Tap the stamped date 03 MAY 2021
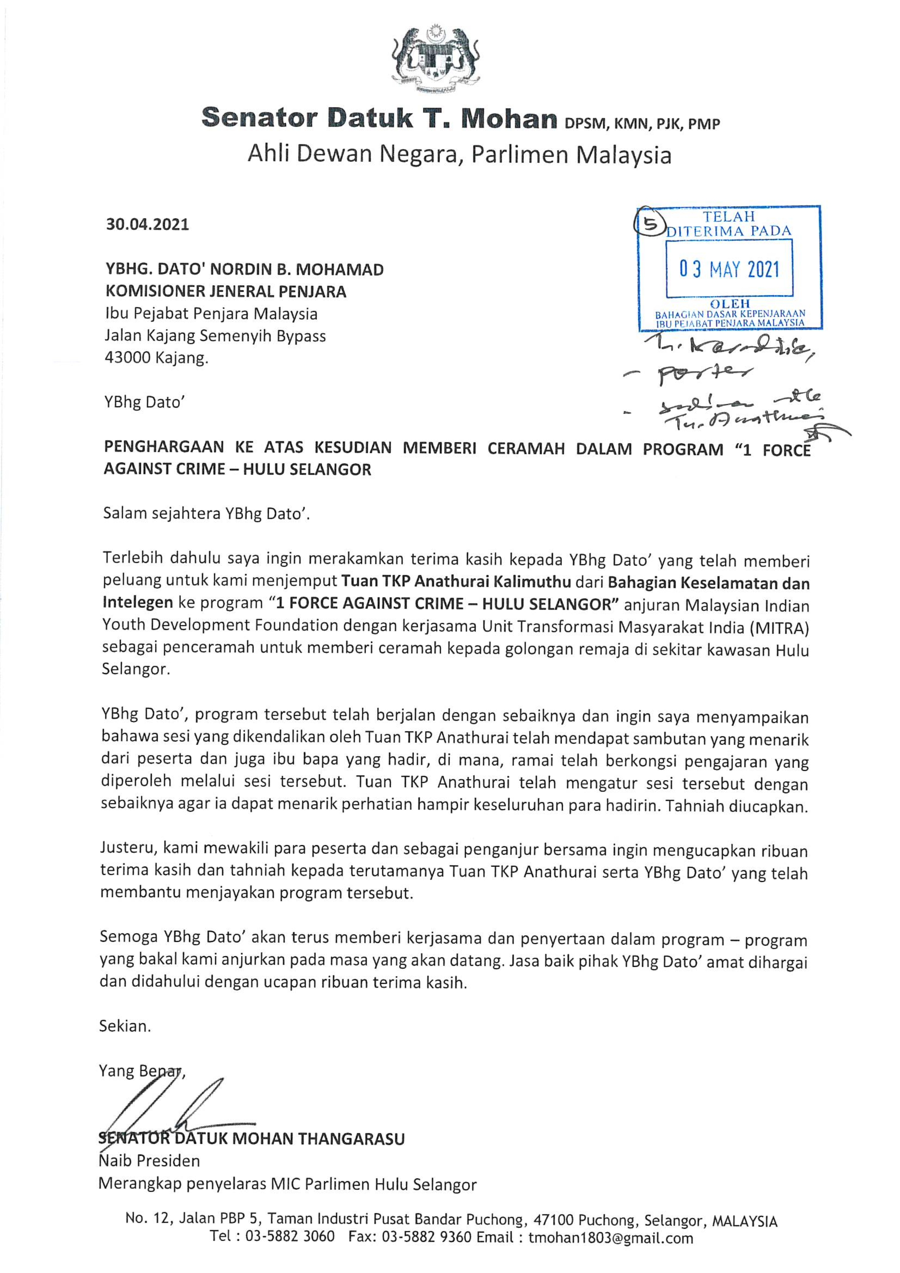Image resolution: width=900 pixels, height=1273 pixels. click(x=729, y=270)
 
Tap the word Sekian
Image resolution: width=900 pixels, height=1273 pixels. click(x=125, y=1026)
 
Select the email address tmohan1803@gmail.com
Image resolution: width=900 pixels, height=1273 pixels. click(x=610, y=1254)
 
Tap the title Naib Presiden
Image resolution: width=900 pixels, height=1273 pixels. click(x=148, y=1161)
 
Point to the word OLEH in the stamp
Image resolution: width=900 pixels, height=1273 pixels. click(x=730, y=304)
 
